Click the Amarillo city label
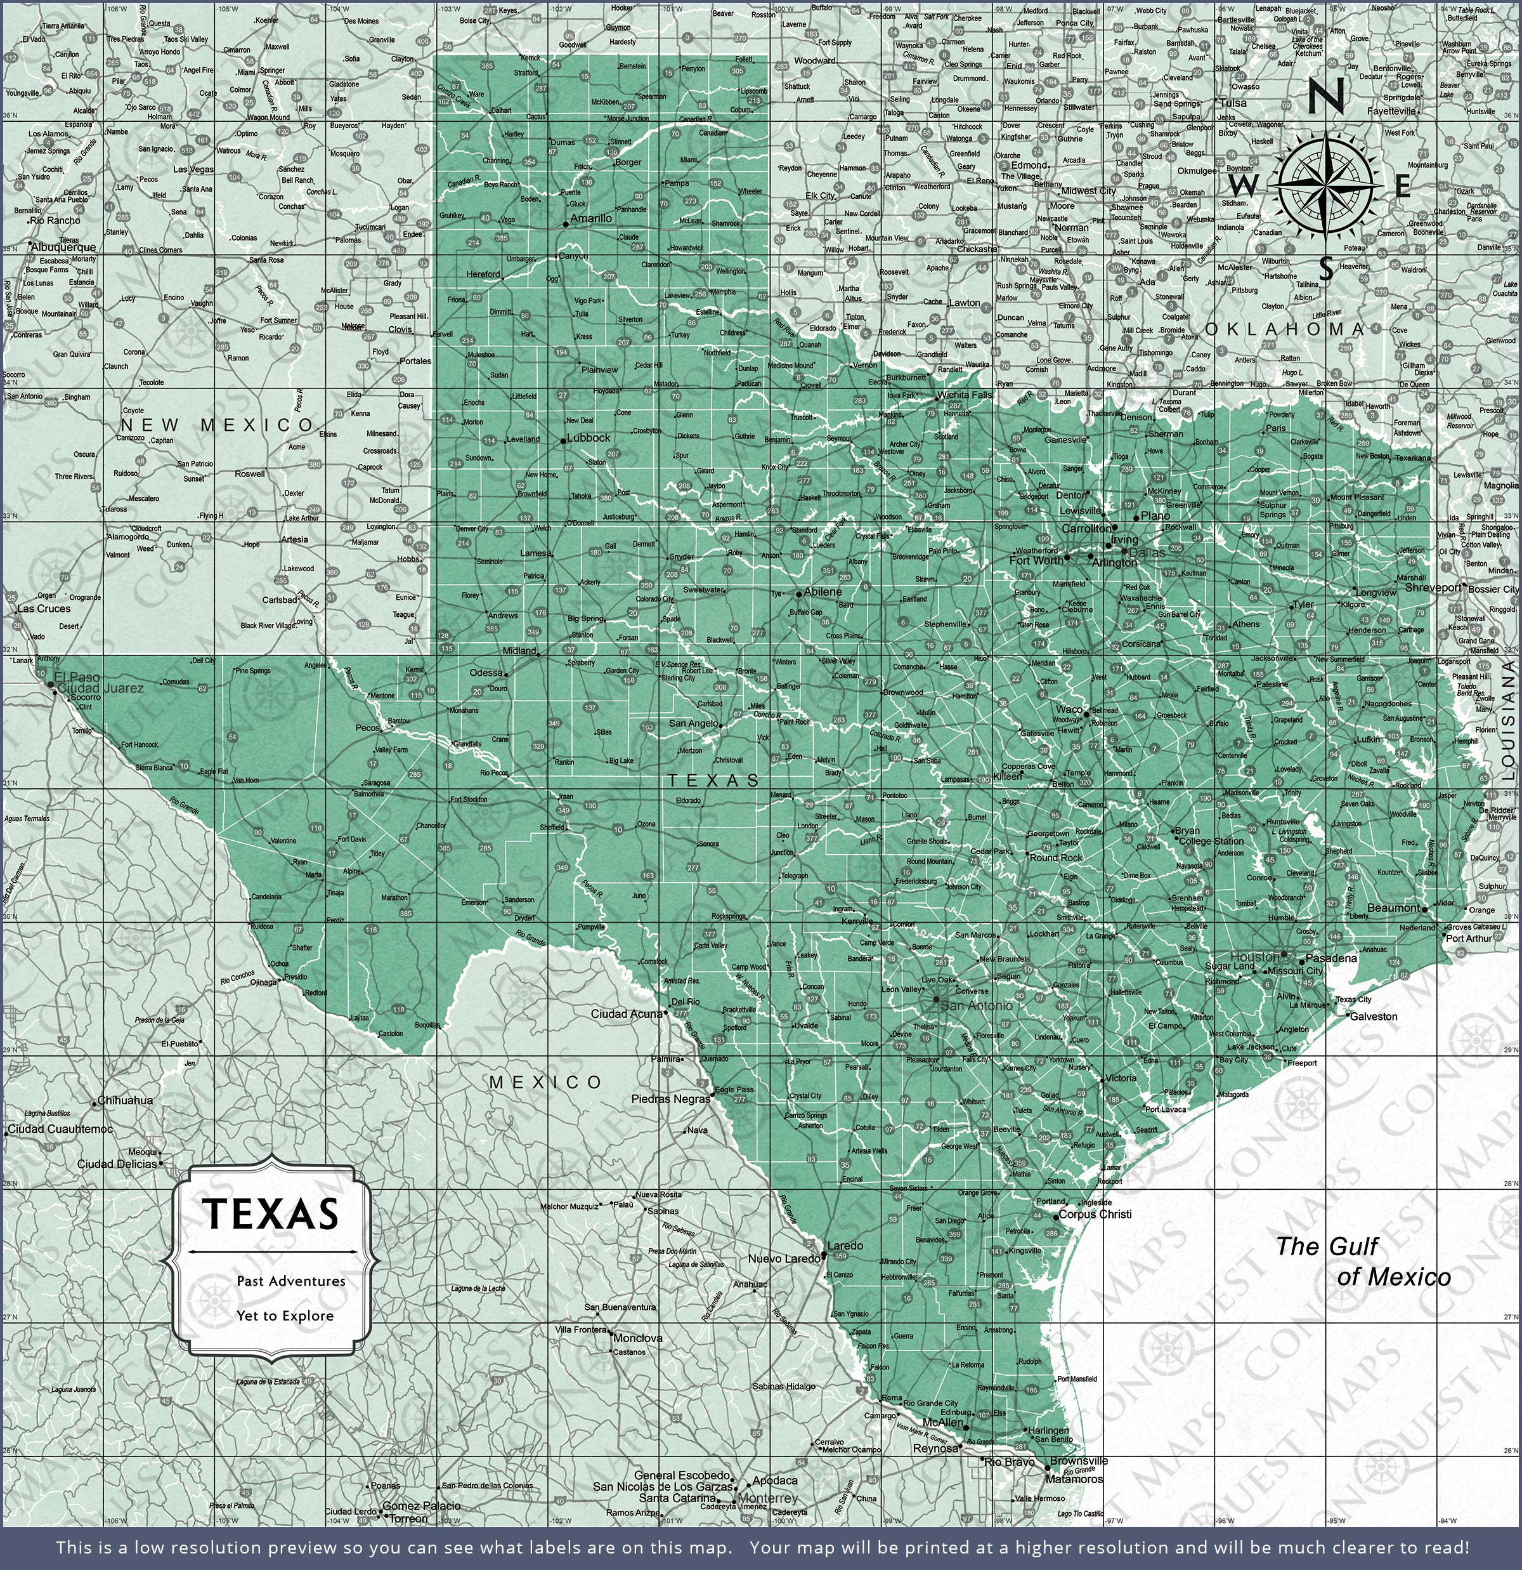(x=592, y=218)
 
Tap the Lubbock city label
(x=589, y=438)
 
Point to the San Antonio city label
(x=976, y=1005)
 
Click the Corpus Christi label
(x=1095, y=1215)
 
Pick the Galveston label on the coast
(x=1374, y=1017)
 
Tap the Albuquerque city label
(x=63, y=247)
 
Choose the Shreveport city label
(x=1433, y=587)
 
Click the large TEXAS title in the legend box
(x=271, y=1215)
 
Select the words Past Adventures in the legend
(x=290, y=1281)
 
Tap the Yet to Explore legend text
(x=284, y=1316)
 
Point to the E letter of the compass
(x=1402, y=187)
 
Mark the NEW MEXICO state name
(x=217, y=425)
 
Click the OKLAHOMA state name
(x=1284, y=329)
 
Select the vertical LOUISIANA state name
(x=1507, y=720)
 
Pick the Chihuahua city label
(x=125, y=1100)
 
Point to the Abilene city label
(x=823, y=592)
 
